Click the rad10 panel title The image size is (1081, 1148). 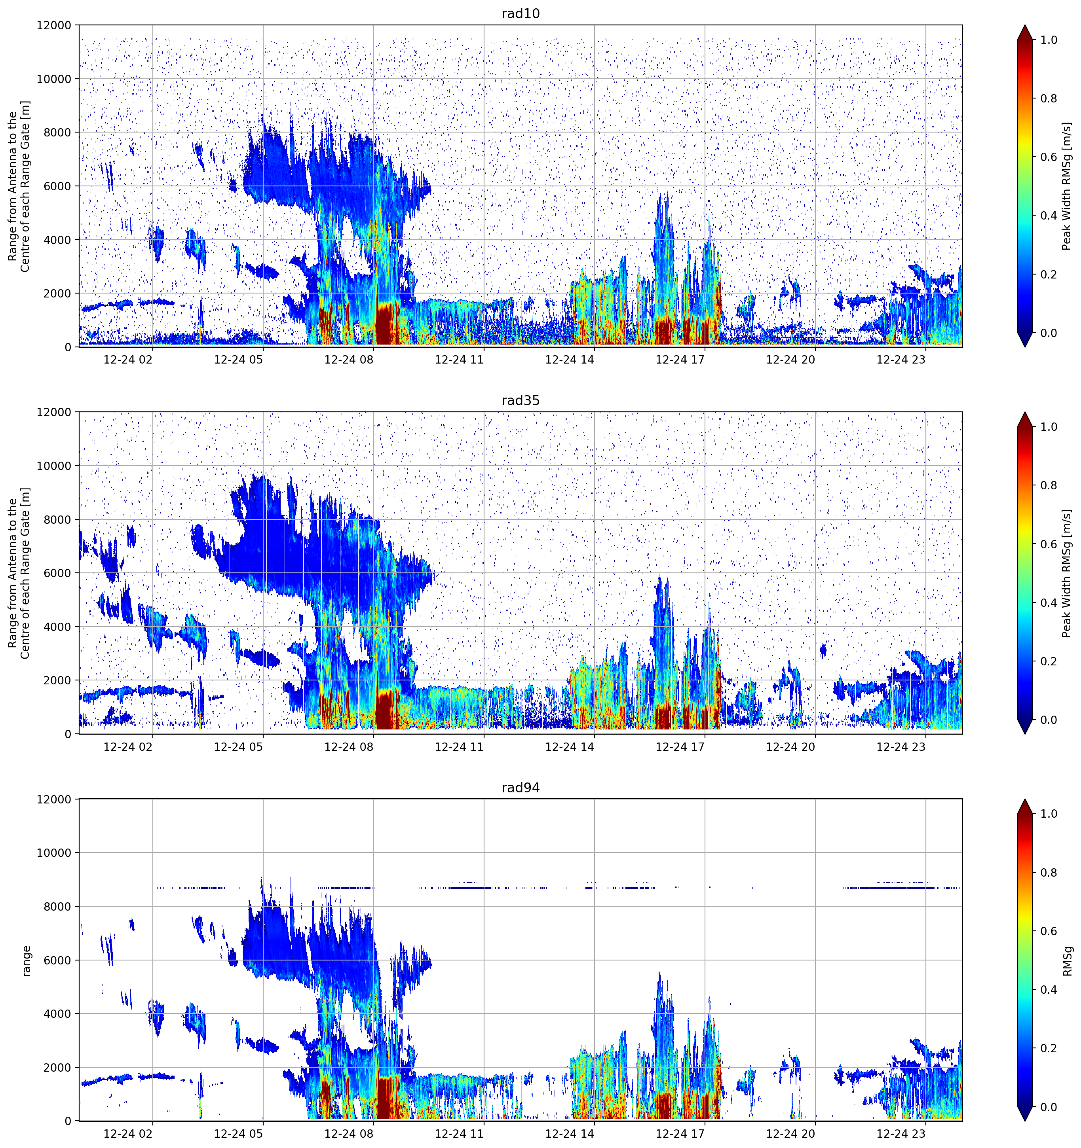(520, 14)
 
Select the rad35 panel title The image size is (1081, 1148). (520, 401)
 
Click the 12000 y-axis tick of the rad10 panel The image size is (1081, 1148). (54, 25)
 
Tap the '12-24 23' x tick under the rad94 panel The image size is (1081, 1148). (901, 1134)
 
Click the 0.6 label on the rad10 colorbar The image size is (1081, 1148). (1049, 157)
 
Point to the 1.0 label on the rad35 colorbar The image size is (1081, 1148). (1049, 427)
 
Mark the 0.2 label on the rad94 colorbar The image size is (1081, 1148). (1049, 1048)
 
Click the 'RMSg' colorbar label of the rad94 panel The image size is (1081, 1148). (1067, 961)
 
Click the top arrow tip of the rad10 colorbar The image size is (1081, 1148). (1025, 25)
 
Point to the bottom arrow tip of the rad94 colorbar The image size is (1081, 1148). (1025, 1121)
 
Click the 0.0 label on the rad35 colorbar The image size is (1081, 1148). (1049, 720)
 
